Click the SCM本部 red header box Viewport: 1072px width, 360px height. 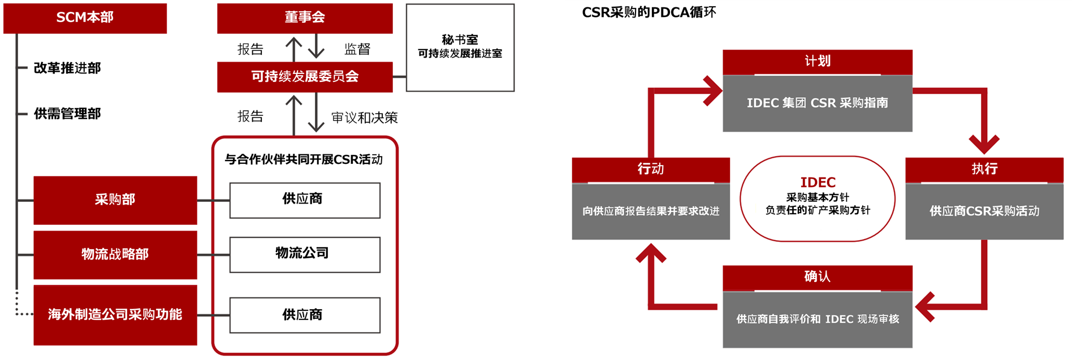[x=85, y=18]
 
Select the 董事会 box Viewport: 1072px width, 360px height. [x=305, y=18]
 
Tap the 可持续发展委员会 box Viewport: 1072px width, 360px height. [x=305, y=77]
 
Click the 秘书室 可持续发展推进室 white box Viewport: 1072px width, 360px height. [x=460, y=47]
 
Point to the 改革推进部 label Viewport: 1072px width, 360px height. [x=67, y=68]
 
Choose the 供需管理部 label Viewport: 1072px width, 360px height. [x=67, y=114]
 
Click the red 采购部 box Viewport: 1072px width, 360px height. [x=115, y=200]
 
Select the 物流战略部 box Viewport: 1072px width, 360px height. [x=115, y=254]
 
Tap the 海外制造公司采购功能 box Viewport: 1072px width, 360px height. [x=115, y=315]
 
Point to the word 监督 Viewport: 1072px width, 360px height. [x=357, y=50]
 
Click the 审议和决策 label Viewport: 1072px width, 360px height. [x=365, y=118]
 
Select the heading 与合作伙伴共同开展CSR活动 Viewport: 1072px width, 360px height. [x=304, y=160]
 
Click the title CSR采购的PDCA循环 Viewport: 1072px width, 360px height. [x=649, y=12]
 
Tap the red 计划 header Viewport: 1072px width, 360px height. [x=818, y=62]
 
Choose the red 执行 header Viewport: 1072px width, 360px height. [x=984, y=169]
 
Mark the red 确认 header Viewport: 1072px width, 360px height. [x=818, y=277]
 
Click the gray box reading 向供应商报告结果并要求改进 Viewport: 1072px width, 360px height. [x=651, y=211]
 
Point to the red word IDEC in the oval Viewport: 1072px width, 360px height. [x=818, y=183]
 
